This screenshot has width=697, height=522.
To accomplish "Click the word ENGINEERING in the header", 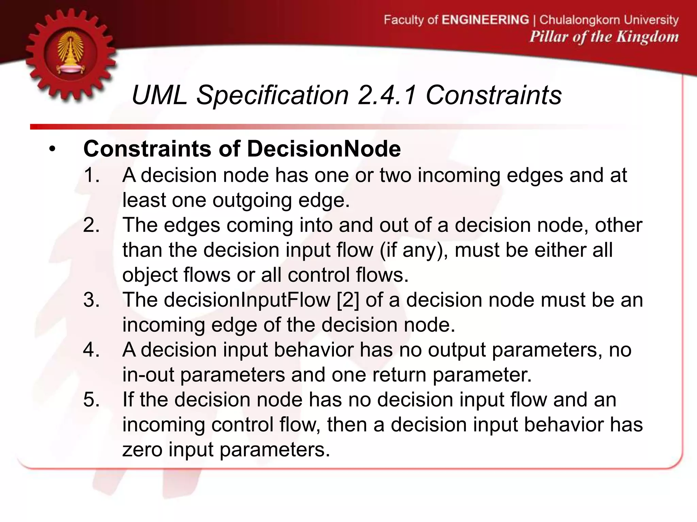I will click(485, 20).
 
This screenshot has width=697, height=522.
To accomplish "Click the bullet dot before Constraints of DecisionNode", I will click(52, 150).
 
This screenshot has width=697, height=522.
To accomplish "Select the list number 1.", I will click(92, 175).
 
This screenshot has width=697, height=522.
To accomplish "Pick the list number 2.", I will click(92, 225).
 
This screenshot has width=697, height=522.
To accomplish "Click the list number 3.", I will click(92, 300).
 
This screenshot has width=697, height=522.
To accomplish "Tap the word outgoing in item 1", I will click(252, 200).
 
